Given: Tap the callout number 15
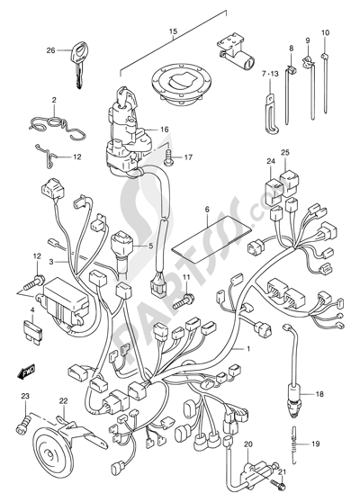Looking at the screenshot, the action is click(173, 31).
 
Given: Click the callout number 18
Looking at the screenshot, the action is click(319, 394).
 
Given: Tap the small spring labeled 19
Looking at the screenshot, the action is click(294, 444).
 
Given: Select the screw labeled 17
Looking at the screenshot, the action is click(168, 158).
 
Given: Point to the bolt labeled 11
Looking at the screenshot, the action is click(184, 301).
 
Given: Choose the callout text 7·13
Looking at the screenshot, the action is click(270, 74).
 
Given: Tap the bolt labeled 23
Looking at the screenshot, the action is click(22, 424).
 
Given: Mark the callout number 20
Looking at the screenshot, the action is click(248, 444).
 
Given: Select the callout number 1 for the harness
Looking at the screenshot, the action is click(247, 349).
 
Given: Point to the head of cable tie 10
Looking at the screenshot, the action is click(325, 57).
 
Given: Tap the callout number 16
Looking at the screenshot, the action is click(164, 130).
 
